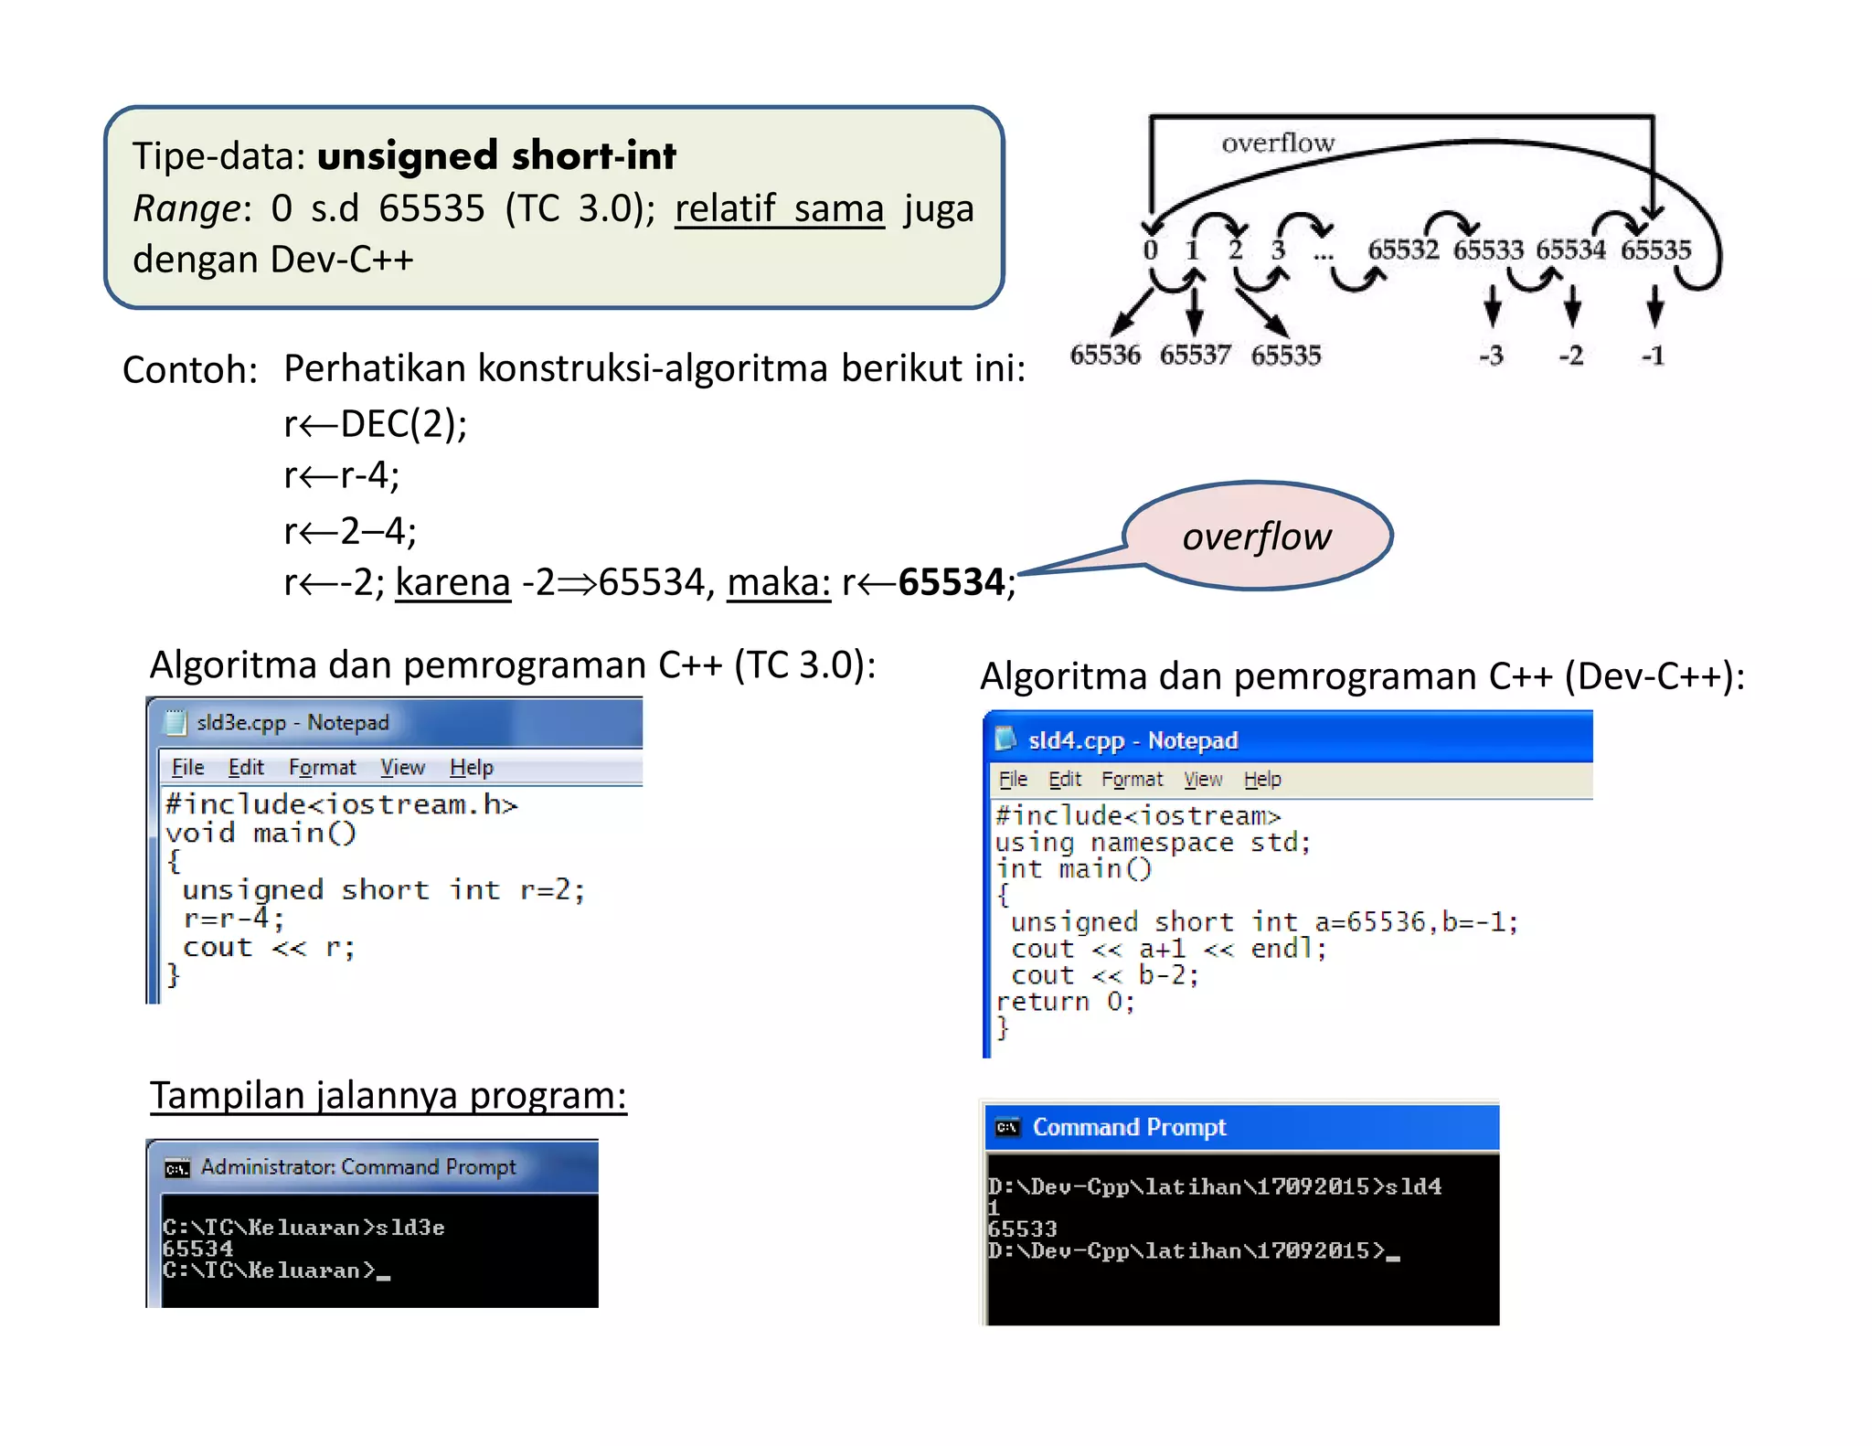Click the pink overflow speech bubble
pyautogui.click(x=1257, y=537)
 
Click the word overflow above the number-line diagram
pyautogui.click(x=1277, y=144)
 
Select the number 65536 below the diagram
pyautogui.click(x=1105, y=355)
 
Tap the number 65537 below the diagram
pyautogui.click(x=1195, y=355)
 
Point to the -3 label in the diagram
pyautogui.click(x=1491, y=356)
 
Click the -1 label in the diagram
pyautogui.click(x=1653, y=356)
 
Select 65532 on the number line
pyautogui.click(x=1403, y=250)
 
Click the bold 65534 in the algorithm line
pyautogui.click(x=952, y=582)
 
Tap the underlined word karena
pyautogui.click(x=452, y=582)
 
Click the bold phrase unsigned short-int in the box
pyautogui.click(x=496, y=156)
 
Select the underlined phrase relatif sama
pyautogui.click(x=780, y=208)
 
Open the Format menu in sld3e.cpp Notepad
pyautogui.click(x=322, y=768)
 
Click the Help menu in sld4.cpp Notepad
pyautogui.click(x=1262, y=780)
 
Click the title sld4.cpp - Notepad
pyautogui.click(x=1133, y=740)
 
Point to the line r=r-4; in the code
pyautogui.click(x=234, y=918)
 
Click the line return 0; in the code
pyautogui.click(x=1065, y=1002)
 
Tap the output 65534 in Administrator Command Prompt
pyautogui.click(x=197, y=1249)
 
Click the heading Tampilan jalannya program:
pyautogui.click(x=388, y=1096)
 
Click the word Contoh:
pyautogui.click(x=190, y=370)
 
